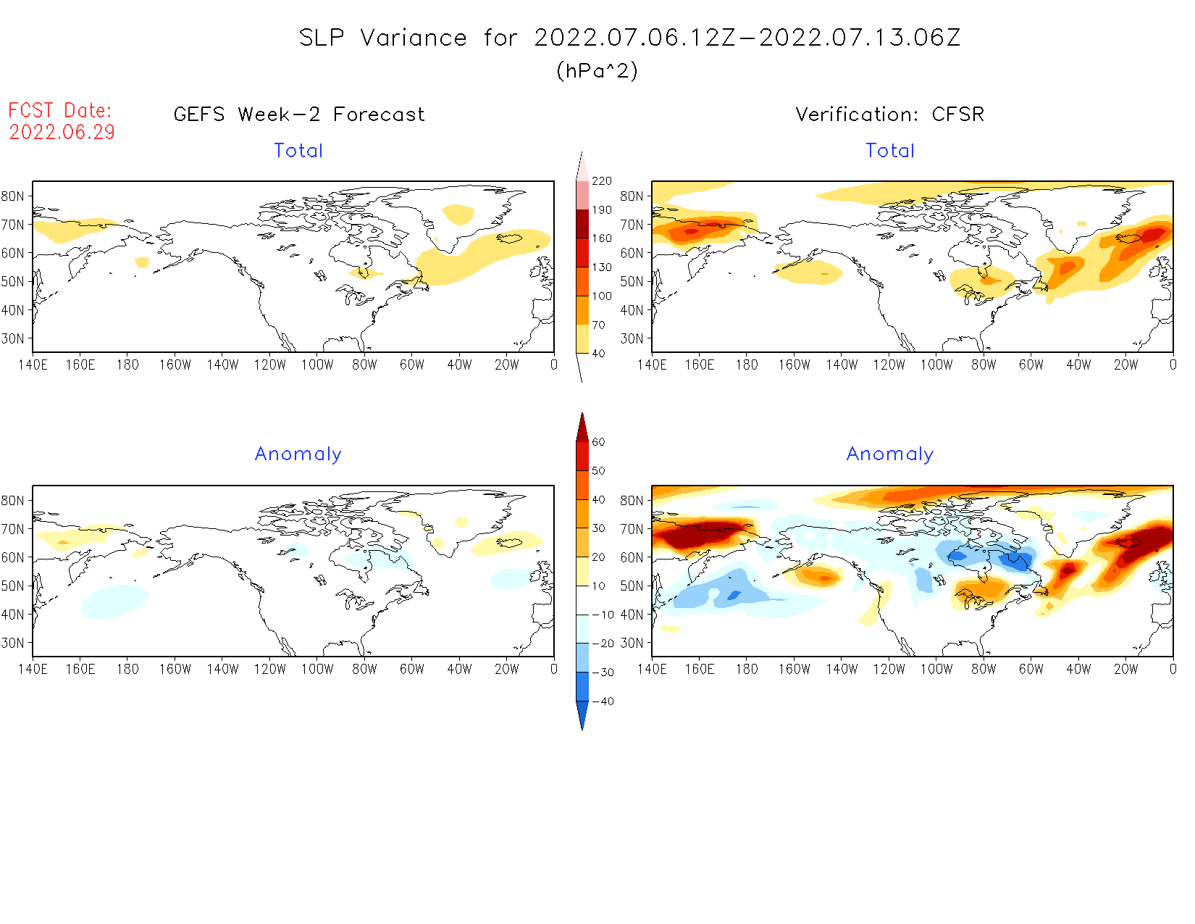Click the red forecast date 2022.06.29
pyautogui.click(x=62, y=133)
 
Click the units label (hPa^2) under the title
pyautogui.click(x=597, y=70)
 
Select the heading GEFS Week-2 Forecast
pyautogui.click(x=299, y=115)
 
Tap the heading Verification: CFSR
pyautogui.click(x=889, y=115)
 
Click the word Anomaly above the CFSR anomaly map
pyautogui.click(x=889, y=454)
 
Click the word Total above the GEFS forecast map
pyautogui.click(x=298, y=151)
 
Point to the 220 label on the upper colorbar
pyautogui.click(x=602, y=181)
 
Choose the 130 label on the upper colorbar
pyautogui.click(x=602, y=267)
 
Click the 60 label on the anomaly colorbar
pyautogui.click(x=598, y=442)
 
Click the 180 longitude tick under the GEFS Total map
pyautogui.click(x=127, y=365)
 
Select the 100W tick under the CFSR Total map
pyautogui.click(x=936, y=365)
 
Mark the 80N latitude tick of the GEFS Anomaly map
pyautogui.click(x=13, y=501)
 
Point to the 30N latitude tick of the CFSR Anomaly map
pyautogui.click(x=632, y=643)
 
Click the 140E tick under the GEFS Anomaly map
pyautogui.click(x=33, y=670)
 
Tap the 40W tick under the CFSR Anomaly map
pyautogui.click(x=1078, y=670)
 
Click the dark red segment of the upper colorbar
pyautogui.click(x=582, y=224)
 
